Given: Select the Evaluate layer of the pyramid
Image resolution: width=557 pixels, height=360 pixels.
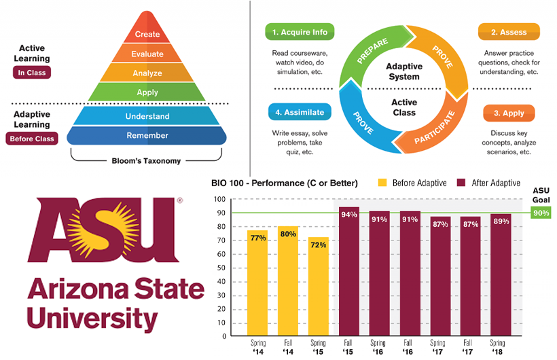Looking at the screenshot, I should pyautogui.click(x=147, y=53).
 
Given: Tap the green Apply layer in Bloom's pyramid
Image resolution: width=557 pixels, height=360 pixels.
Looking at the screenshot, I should pyautogui.click(x=147, y=92).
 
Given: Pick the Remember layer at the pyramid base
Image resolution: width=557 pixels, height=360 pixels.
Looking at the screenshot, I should pyautogui.click(x=147, y=135).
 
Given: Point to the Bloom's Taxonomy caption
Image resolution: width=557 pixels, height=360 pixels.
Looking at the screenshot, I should pyautogui.click(x=147, y=162).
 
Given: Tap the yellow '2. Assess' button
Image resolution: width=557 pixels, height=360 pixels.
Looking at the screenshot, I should pyautogui.click(x=509, y=32).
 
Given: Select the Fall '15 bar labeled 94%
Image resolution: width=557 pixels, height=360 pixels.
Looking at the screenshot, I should pyautogui.click(x=348, y=271).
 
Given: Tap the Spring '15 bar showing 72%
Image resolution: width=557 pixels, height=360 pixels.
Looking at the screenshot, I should pyautogui.click(x=317, y=286).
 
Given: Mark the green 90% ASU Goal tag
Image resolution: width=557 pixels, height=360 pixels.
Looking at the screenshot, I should pyautogui.click(x=541, y=213).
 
